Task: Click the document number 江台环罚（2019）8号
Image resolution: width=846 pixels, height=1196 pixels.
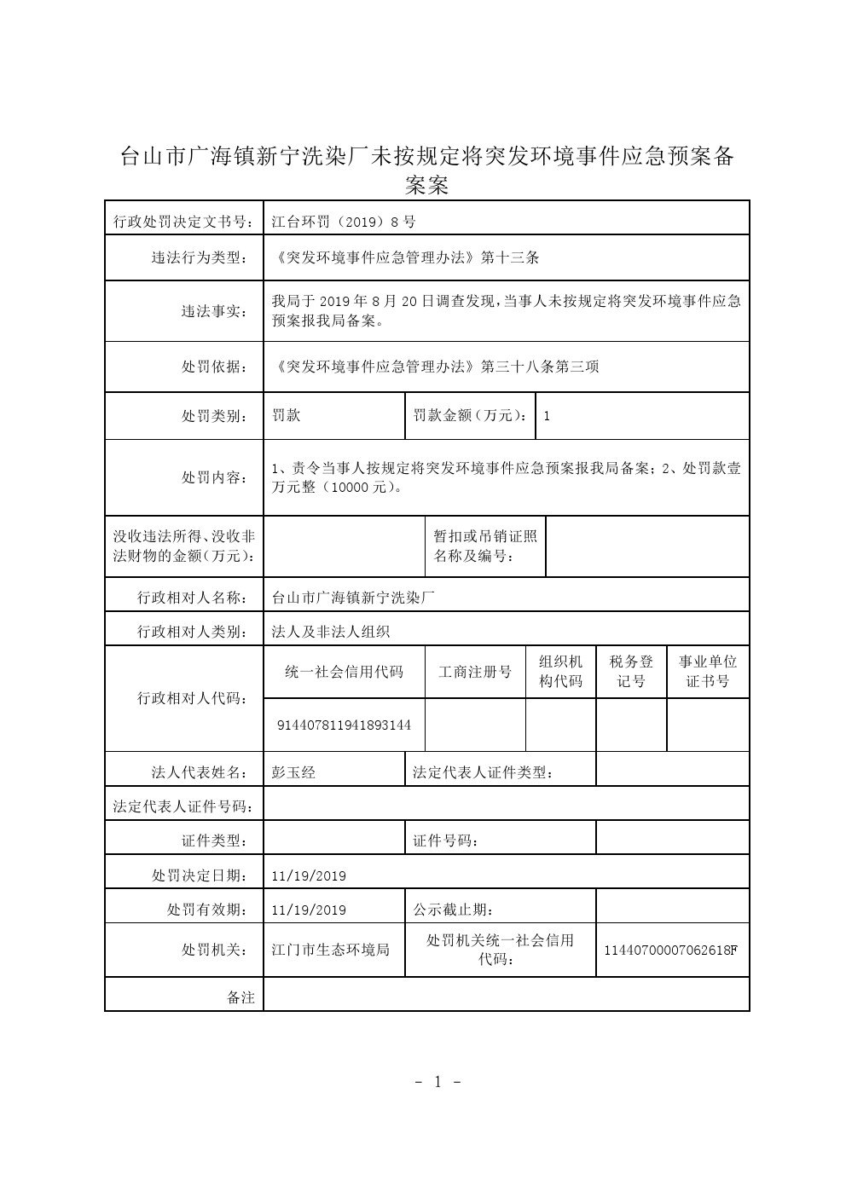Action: [344, 222]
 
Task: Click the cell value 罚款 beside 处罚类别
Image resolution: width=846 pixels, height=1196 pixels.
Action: [286, 416]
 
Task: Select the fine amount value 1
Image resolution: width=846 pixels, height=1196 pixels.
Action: [547, 416]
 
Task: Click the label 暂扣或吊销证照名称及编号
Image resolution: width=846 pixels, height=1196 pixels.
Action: [485, 546]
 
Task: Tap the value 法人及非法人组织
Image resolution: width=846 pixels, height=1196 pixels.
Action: [330, 632]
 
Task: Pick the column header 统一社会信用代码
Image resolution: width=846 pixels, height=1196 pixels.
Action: [344, 672]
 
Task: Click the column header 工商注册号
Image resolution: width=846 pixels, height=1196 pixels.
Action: [475, 672]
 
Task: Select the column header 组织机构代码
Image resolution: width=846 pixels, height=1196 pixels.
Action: [560, 672]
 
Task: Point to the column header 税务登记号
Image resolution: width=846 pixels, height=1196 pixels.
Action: [631, 672]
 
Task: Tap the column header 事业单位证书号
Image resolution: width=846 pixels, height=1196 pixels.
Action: [708, 672]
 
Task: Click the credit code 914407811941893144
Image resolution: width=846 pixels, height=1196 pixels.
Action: [345, 725]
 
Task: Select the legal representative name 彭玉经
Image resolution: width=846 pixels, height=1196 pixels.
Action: [293, 772]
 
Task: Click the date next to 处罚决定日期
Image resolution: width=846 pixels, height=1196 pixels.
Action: [309, 875]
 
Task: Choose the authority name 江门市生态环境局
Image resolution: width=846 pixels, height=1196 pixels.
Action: [330, 950]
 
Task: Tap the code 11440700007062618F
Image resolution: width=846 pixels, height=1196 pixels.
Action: [670, 950]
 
